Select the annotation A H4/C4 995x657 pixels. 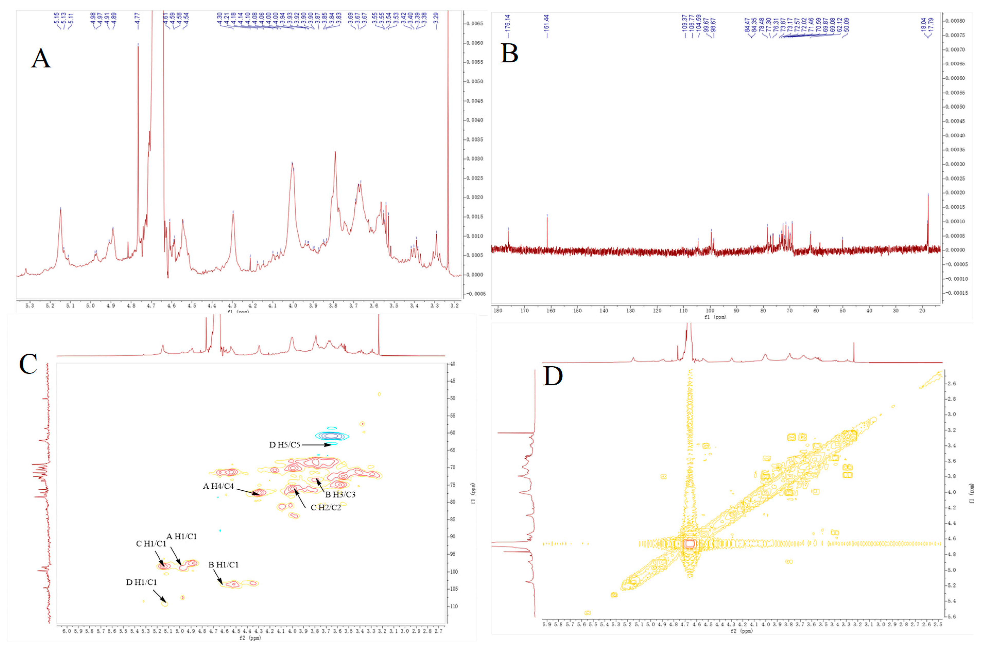(x=218, y=486)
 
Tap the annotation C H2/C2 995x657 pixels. (x=326, y=507)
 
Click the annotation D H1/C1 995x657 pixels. (x=142, y=582)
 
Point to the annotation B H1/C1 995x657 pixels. (x=223, y=565)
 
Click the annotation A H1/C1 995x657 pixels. (x=181, y=536)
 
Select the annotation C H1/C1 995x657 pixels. (x=151, y=544)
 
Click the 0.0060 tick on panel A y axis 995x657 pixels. (x=474, y=43)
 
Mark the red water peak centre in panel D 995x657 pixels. (x=689, y=544)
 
